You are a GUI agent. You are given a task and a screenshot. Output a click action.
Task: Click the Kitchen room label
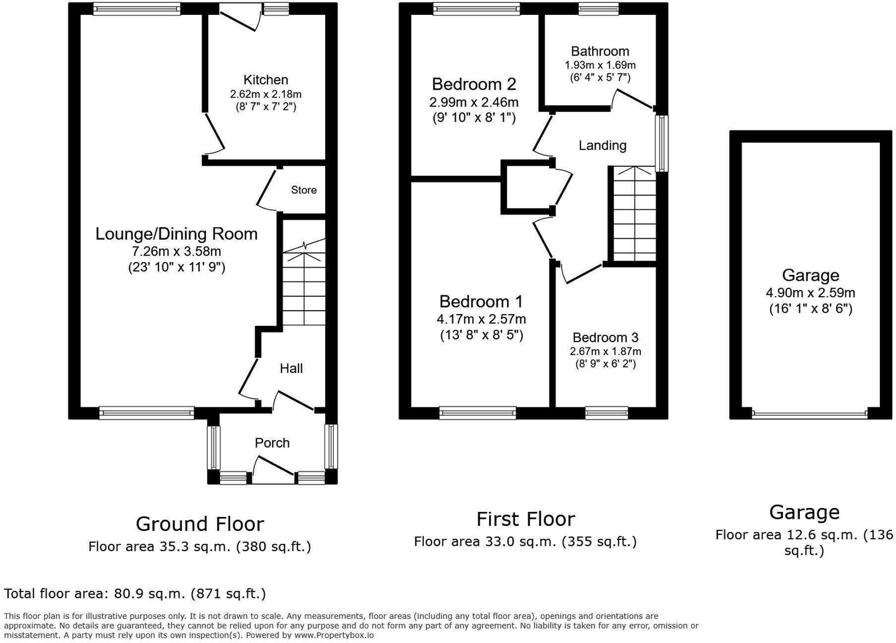[266, 80]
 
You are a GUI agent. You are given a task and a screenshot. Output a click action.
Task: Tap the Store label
[303, 190]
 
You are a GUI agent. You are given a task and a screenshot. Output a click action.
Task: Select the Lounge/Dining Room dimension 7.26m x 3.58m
[176, 251]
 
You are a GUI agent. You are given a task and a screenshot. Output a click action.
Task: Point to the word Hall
[291, 368]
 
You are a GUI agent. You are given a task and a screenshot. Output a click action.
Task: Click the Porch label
[272, 443]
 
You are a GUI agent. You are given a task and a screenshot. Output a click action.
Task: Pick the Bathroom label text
[600, 51]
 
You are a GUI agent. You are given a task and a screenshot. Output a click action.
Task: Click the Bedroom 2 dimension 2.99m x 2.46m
[474, 102]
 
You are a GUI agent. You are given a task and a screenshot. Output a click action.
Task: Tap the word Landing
[602, 145]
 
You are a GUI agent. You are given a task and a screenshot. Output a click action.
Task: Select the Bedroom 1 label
[481, 302]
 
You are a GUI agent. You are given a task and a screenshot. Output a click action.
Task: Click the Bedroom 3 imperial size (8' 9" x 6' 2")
[605, 364]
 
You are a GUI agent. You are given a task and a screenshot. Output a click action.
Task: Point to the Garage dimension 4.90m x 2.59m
[810, 293]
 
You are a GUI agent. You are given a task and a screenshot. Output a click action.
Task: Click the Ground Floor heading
[200, 524]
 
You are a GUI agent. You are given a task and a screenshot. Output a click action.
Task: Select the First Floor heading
[525, 519]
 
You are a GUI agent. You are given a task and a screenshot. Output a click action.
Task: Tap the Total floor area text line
[135, 593]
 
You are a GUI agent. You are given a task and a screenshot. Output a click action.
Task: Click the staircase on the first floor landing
[634, 213]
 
